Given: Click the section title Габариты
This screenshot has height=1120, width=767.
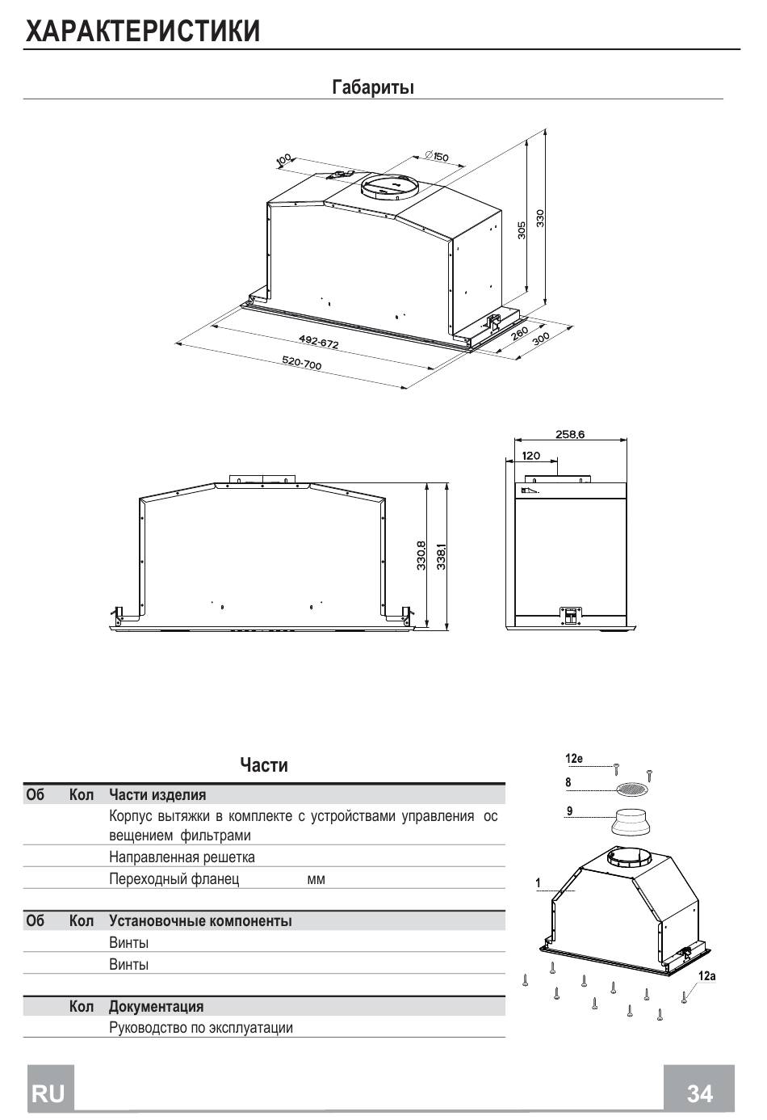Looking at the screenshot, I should pos(373,86).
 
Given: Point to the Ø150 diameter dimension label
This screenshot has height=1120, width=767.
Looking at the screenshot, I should pos(435,157).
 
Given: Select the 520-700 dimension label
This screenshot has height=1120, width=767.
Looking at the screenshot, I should pos(302,364).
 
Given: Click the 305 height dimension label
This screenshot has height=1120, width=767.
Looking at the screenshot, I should pos(522,229).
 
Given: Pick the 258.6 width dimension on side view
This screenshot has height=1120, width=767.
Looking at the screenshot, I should pos(569,435).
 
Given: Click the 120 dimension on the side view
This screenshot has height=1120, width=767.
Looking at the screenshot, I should pos(530,457).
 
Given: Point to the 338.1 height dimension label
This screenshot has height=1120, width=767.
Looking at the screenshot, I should pos(441,556).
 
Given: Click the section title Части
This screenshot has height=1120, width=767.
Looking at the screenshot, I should pos(264,764).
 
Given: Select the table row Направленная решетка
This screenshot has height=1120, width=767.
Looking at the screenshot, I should pos(182,857).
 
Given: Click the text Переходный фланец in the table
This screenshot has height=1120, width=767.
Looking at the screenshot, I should pos(174,878).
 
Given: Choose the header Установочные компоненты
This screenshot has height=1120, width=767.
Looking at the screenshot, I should pos(200,920).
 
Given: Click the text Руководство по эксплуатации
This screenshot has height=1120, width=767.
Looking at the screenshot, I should pos(200,1028).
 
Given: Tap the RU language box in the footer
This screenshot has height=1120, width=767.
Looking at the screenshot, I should pos(48,1093).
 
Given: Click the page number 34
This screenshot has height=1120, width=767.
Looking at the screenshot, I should pos(699,1093).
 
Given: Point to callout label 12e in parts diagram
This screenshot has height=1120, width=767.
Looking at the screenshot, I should pos(573,759).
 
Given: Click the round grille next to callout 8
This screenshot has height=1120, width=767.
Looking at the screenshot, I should pos(632,788).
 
